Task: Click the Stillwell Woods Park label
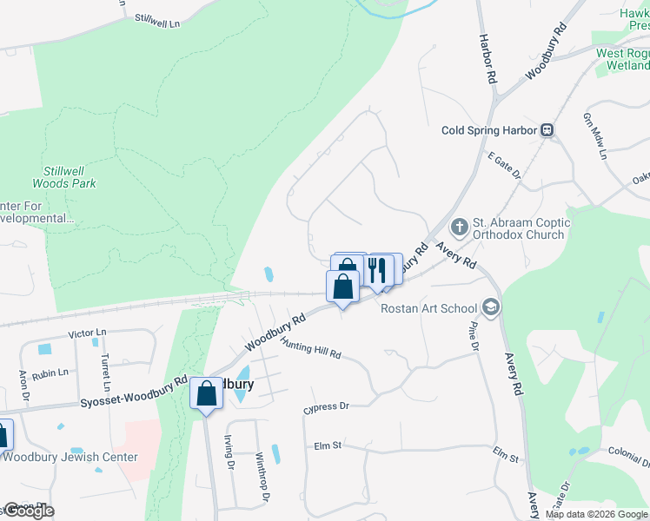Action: click(64, 178)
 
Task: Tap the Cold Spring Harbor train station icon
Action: click(547, 130)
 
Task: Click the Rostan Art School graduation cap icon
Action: click(491, 307)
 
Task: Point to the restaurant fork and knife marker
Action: click(376, 269)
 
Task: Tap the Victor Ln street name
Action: click(87, 333)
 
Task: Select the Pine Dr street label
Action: click(474, 334)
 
